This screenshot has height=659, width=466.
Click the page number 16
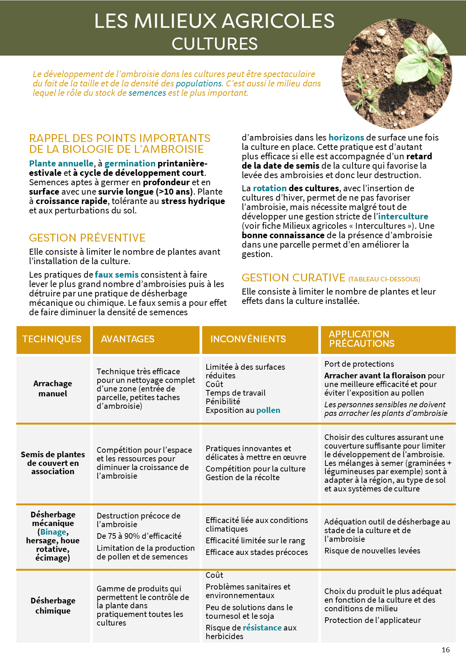click(446, 650)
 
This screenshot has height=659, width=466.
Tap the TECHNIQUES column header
click(52, 339)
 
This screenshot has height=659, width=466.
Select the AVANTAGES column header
click(128, 339)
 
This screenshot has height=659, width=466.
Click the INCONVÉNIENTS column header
click(248, 339)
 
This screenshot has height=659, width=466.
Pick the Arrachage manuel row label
click(53, 388)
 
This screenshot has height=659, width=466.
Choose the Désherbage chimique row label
click(53, 606)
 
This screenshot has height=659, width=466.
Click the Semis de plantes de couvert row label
click(53, 463)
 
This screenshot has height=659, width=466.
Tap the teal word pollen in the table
click(268, 410)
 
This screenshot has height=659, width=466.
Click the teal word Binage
click(53, 532)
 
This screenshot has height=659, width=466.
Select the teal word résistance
click(262, 628)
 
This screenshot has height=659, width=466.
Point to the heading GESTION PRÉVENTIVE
click(87, 238)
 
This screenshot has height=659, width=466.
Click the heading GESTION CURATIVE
click(294, 278)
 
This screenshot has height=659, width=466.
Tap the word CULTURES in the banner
click(215, 44)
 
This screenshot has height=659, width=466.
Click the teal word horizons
click(346, 138)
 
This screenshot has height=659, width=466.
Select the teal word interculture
click(403, 216)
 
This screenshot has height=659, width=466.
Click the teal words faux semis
click(116, 275)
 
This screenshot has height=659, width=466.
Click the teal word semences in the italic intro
click(147, 93)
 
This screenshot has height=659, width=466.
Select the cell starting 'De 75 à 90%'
click(139, 536)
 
